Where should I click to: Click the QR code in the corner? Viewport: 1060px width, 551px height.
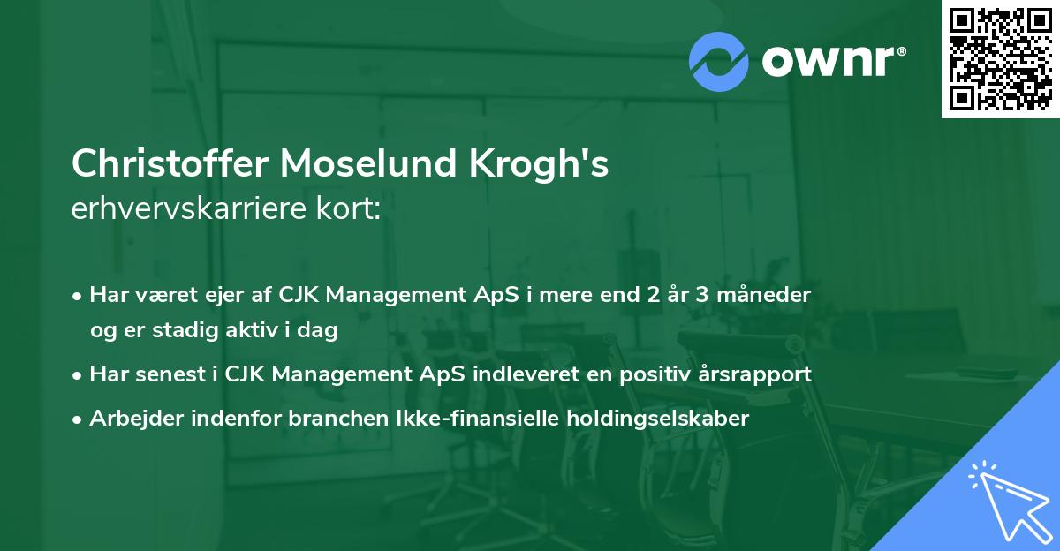pos(1000,59)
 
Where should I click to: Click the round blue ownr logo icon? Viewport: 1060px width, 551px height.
pos(719,61)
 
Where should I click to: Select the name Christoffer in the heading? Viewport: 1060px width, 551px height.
pos(170,164)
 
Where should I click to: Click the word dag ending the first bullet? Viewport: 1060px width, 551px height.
pos(321,330)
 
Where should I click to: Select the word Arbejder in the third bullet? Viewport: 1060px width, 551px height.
pos(129,418)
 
